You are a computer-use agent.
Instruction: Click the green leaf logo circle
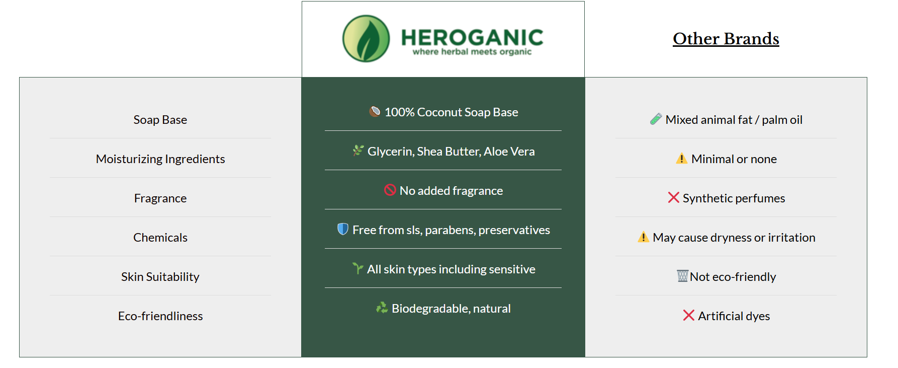point(366,39)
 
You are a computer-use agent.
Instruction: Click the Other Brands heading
point(726,39)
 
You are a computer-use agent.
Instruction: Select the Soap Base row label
point(160,120)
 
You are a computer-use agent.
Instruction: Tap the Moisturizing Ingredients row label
point(160,159)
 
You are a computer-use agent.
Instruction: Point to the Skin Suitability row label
point(160,277)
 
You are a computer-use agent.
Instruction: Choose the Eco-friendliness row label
point(160,316)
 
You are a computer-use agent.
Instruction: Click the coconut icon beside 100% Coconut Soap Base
point(375,111)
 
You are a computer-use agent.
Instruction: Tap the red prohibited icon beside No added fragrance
point(390,190)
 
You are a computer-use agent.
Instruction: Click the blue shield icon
point(343,229)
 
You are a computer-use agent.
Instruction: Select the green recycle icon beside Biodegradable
point(382,308)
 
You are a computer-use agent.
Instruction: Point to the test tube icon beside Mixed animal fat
point(656,119)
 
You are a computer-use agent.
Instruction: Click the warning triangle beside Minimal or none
point(681,159)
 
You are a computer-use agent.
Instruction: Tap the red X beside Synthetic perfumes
point(674,197)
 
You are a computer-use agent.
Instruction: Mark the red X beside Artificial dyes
point(689,315)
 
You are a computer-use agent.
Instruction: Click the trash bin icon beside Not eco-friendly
point(682,276)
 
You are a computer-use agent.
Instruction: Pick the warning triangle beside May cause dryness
point(643,237)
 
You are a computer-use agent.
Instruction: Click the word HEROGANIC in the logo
point(472,38)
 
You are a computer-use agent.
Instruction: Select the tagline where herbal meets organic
point(472,52)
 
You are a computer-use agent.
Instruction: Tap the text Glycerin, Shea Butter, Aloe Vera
point(451,152)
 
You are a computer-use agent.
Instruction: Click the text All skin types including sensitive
point(451,269)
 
